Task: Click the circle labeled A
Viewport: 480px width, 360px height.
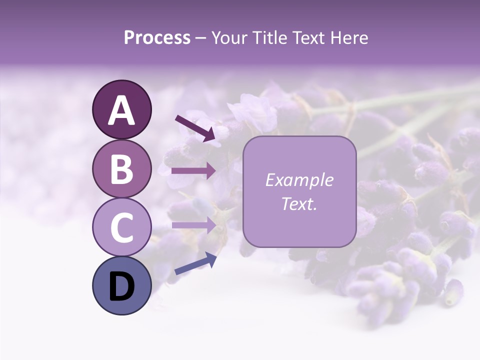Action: point(121,109)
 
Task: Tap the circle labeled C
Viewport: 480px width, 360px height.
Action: point(121,227)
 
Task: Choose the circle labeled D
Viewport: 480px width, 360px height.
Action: point(121,285)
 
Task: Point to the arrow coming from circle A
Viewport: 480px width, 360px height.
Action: point(195,127)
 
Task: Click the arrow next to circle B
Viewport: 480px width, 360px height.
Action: point(193,171)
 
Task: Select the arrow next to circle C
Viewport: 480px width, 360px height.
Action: point(193,225)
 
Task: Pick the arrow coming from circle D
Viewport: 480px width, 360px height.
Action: point(195,263)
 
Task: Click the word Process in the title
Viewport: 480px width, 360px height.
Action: point(157,38)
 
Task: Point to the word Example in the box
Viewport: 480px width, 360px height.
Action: point(299,180)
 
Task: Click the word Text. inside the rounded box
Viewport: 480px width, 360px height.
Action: point(299,204)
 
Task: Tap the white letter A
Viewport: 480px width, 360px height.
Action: point(121,110)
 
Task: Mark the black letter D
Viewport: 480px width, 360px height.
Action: point(121,286)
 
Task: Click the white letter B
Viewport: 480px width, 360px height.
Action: point(121,169)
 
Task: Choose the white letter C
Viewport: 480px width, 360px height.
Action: point(121,228)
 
